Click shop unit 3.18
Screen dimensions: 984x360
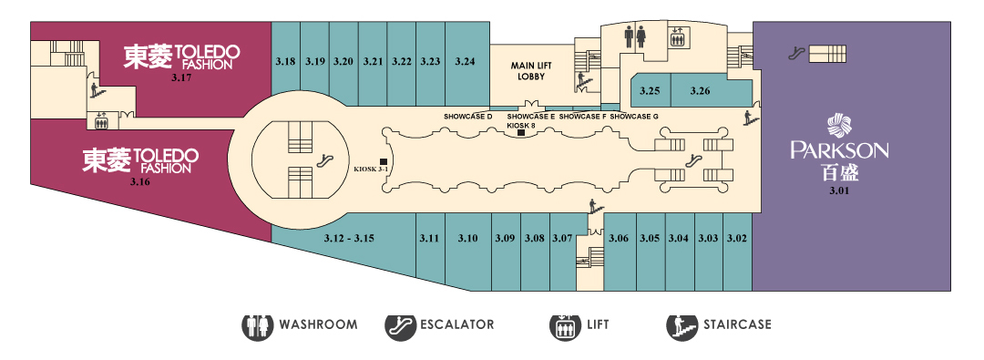pos(285,64)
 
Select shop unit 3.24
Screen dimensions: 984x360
pos(465,64)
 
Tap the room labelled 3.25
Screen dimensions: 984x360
pos(651,90)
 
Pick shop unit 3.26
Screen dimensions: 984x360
pos(701,90)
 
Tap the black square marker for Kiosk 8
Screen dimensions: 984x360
pos(521,132)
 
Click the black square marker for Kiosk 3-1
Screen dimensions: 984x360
pos(384,161)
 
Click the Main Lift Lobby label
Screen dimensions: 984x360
pos(528,71)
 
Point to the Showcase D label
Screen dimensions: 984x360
pos(467,117)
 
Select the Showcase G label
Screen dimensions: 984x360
pos(634,117)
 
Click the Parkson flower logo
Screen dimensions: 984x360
pos(839,125)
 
